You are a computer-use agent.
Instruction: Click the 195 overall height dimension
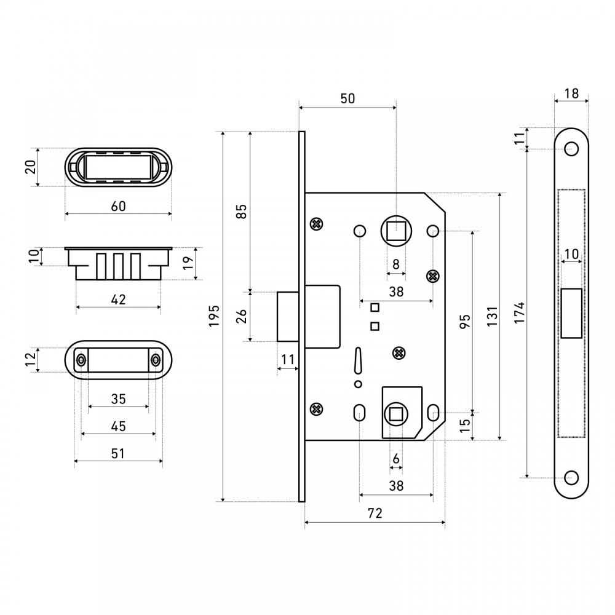(x=214, y=316)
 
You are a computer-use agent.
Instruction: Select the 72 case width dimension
(x=375, y=513)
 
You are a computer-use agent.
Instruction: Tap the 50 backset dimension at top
(x=347, y=98)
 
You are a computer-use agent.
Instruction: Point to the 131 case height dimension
(x=492, y=316)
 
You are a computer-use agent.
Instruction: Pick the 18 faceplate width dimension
(x=571, y=93)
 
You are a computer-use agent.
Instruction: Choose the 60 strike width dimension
(x=119, y=206)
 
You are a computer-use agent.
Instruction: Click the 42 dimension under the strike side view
(x=119, y=300)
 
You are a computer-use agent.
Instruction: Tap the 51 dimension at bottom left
(x=118, y=454)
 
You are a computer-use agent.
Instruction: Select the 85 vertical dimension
(x=242, y=212)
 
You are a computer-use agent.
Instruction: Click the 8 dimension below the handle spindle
(x=396, y=264)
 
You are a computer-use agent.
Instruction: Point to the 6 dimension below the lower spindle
(x=396, y=459)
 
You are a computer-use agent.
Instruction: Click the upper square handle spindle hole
(x=396, y=231)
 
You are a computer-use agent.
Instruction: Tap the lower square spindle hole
(x=396, y=414)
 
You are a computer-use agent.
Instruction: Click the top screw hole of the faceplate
(x=571, y=149)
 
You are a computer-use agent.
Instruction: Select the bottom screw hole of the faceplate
(x=571, y=478)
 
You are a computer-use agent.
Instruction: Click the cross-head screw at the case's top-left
(x=316, y=224)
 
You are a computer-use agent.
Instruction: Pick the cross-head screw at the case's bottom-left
(x=316, y=409)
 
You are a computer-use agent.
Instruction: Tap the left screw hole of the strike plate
(x=81, y=360)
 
